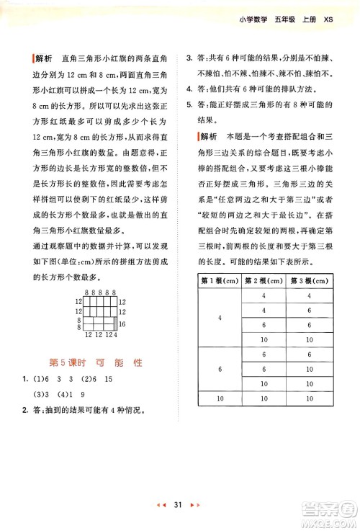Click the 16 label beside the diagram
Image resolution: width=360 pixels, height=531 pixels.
point(122,305)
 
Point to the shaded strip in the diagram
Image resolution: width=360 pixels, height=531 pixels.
point(114,305)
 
